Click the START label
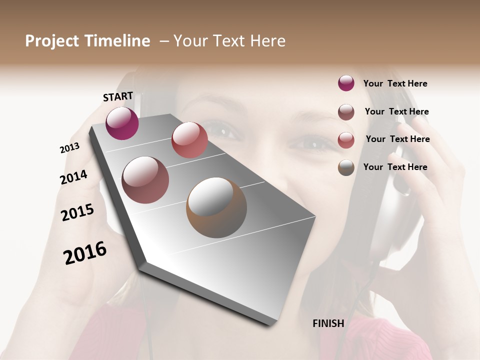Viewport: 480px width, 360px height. (118, 96)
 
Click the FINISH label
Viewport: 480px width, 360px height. (328, 323)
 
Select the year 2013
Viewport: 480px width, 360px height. (69, 148)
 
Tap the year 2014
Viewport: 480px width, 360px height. (73, 177)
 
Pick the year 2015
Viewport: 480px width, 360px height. (77, 212)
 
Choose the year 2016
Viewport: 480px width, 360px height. (85, 252)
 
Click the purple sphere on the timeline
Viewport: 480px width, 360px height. (122, 123)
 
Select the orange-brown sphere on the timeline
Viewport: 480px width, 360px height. (216, 207)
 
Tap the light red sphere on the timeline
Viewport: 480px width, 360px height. (189, 140)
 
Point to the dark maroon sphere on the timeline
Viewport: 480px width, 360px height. (145, 179)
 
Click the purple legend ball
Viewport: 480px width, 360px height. (346, 83)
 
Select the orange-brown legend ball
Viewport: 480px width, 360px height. (346, 167)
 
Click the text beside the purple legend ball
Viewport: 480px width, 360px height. (395, 83)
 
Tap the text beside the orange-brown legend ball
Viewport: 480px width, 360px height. (395, 167)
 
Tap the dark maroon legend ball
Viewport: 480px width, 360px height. (346, 112)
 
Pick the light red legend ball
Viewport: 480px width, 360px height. (346, 140)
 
